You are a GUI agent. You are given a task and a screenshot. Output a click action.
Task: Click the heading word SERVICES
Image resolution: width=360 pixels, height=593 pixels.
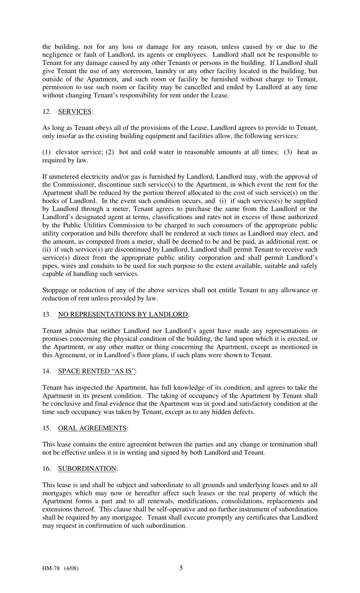[x=75, y=111]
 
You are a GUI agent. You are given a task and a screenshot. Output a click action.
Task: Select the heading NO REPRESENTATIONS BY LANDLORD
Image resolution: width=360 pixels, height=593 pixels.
[x=123, y=314]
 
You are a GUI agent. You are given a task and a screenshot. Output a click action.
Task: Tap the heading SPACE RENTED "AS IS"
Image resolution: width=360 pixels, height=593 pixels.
[x=96, y=371]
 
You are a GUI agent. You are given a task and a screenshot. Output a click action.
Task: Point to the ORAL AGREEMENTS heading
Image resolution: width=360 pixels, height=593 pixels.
[x=92, y=428]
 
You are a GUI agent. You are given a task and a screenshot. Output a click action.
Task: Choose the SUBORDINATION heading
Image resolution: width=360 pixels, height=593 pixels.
[x=87, y=469]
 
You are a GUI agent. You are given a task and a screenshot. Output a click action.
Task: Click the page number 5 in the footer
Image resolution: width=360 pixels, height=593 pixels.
[x=181, y=568]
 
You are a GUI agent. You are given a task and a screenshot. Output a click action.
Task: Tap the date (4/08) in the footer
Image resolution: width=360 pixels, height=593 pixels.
[x=71, y=568]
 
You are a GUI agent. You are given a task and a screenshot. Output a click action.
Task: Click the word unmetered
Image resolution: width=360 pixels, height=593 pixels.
[x=64, y=176]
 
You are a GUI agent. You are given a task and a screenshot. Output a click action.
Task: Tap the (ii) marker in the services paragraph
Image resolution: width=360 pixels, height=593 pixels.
[x=47, y=249]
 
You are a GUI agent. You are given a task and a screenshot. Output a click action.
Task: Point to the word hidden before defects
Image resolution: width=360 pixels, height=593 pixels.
[x=219, y=412]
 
